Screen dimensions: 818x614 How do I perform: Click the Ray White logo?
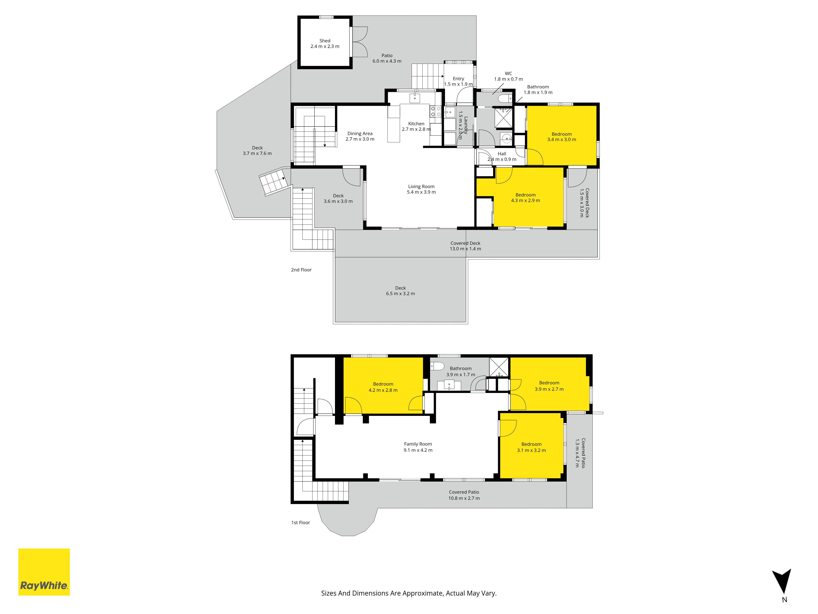click(x=44, y=572)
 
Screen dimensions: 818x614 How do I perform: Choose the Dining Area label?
click(x=360, y=136)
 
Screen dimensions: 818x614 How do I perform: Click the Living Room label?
click(x=421, y=189)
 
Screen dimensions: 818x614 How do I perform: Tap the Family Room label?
click(x=418, y=447)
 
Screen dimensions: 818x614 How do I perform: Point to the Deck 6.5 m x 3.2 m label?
click(x=400, y=291)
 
